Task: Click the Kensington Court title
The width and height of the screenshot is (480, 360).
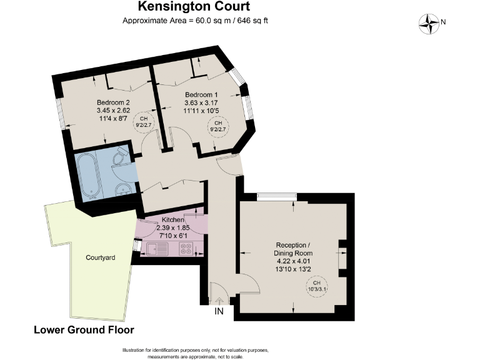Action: point(194,7)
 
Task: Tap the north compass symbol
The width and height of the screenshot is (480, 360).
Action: point(429,23)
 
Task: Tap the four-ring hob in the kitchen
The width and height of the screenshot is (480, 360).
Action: point(186,249)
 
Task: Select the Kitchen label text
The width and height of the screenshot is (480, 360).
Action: point(173,221)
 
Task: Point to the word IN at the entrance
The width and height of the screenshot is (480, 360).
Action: point(219,311)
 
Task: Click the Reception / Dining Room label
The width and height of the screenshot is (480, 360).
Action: point(293,249)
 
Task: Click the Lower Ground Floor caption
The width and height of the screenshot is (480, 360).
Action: point(84,329)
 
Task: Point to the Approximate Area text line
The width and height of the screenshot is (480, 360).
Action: point(194,21)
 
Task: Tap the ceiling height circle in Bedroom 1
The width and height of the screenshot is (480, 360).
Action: point(218,127)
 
